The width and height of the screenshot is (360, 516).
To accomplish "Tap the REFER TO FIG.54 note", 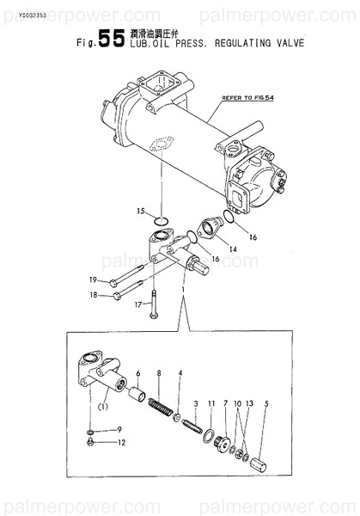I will pos(247,99).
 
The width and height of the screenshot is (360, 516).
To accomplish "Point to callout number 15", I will pos(141,211).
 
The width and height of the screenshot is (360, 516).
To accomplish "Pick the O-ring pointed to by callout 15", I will pos(159,224).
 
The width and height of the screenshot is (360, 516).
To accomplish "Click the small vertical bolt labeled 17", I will pos(154,305).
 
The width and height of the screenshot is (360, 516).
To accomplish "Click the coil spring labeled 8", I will pos(161,402).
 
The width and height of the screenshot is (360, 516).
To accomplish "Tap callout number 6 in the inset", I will pos(138,372).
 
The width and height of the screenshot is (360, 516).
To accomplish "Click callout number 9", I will pos(119,429).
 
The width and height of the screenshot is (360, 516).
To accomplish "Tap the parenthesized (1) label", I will pos(103,406).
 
